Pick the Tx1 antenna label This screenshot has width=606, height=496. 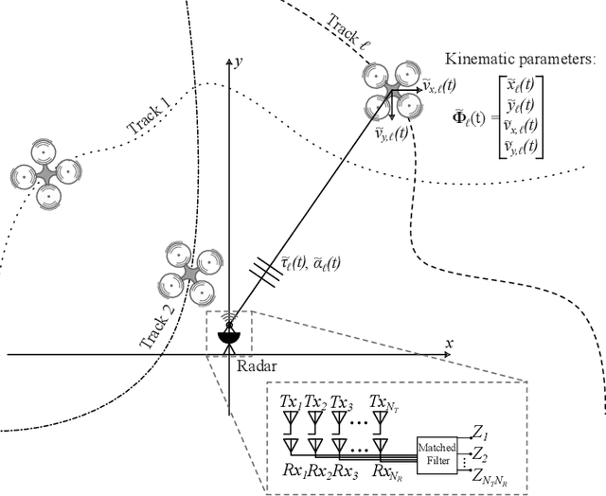pyautogui.click(x=290, y=402)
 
